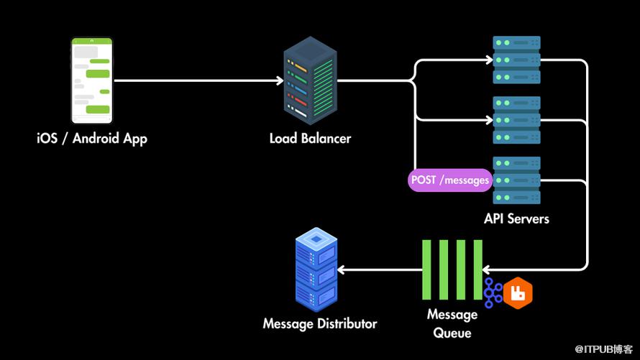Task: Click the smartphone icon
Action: point(92,81)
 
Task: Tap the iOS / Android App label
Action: point(92,138)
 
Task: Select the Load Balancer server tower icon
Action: point(310,81)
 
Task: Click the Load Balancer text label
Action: point(310,138)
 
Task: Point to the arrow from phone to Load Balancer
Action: point(198,81)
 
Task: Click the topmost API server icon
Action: point(516,60)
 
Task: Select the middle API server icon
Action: point(516,120)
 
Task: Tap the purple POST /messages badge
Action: point(450,180)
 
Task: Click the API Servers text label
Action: point(516,218)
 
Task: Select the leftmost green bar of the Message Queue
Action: point(427,269)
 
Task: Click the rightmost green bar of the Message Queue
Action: point(477,269)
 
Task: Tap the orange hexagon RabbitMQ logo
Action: point(518,292)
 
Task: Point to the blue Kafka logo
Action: point(493,292)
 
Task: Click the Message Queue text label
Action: point(452,323)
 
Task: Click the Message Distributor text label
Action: point(319,324)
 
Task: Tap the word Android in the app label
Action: point(96,138)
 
